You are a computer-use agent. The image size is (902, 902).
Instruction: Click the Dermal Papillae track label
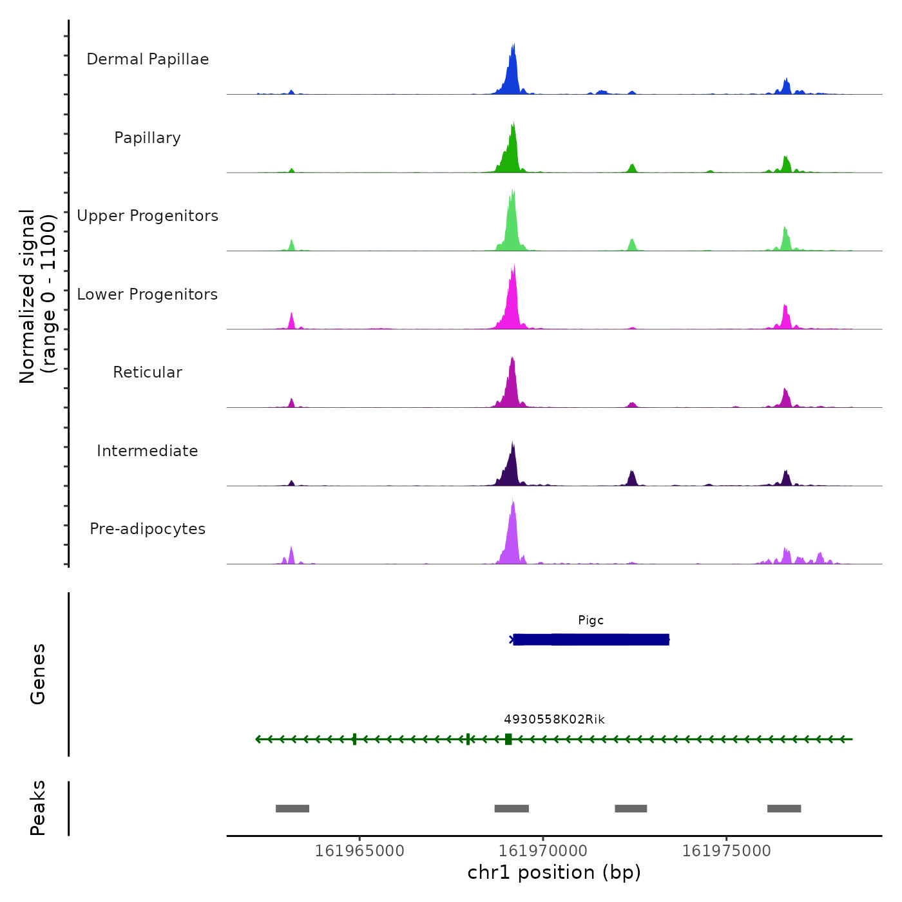coord(148,59)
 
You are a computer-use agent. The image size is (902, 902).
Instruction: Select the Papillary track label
coord(148,138)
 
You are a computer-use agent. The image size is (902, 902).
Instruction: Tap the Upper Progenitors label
coord(148,216)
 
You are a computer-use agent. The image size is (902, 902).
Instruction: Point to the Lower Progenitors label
coord(148,294)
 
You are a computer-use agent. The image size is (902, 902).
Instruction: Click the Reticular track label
coord(148,372)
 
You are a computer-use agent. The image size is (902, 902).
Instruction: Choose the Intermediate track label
coord(148,451)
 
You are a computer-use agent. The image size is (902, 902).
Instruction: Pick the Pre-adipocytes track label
coord(148,529)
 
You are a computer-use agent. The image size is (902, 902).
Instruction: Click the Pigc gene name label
coord(591,620)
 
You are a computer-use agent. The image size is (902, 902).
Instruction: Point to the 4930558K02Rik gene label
coord(554,720)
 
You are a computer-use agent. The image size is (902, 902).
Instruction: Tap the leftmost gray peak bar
coord(293,809)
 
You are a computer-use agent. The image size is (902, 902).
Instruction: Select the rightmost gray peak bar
coord(784,809)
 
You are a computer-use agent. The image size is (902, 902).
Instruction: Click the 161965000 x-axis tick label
coord(360,851)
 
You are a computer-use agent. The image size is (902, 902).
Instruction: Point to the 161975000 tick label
coord(727,851)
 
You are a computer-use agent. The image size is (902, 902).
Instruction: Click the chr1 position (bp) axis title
coord(554,872)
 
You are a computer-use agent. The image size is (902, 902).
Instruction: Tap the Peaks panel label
coord(38,808)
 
